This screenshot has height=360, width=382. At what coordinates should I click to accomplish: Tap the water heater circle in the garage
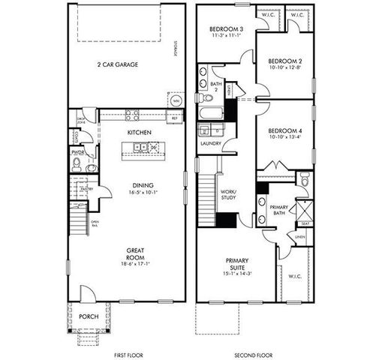176,100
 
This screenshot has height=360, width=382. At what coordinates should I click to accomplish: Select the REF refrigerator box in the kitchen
173,118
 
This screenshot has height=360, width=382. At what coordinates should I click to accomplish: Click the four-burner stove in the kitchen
131,115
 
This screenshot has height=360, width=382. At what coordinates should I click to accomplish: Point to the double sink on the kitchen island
147,148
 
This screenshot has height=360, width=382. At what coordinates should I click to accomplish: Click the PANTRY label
86,189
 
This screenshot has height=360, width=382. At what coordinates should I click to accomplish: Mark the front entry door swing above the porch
88,293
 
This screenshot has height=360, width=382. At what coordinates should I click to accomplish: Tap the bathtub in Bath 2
209,114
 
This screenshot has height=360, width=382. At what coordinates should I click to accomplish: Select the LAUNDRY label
209,143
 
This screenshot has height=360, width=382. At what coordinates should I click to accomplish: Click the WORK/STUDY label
228,196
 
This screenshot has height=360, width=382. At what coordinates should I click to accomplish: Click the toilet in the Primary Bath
304,179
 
